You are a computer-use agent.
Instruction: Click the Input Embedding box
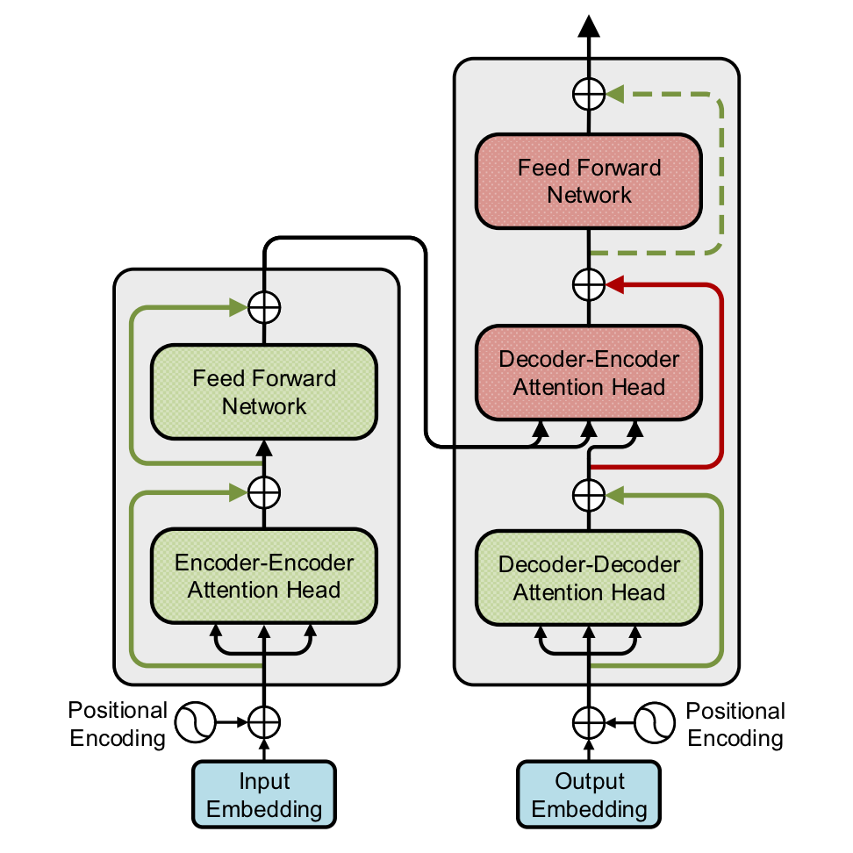coord(264,795)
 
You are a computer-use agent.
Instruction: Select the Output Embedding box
coord(590,795)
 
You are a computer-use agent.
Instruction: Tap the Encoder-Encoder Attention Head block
coord(264,576)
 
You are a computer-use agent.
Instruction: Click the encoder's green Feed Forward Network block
coord(264,392)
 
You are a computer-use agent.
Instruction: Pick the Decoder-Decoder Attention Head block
coord(590,577)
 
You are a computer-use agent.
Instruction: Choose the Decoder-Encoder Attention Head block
coord(590,373)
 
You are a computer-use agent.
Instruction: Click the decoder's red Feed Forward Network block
coord(590,181)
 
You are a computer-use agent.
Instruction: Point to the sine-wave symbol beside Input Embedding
coord(195,722)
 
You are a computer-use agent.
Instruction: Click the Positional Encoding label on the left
coord(118,724)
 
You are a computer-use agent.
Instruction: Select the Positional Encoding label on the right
coord(735,724)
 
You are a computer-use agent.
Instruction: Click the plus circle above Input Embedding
coord(264,722)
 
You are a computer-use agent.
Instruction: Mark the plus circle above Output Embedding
coord(590,722)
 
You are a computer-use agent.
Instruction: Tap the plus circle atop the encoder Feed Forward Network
coord(264,306)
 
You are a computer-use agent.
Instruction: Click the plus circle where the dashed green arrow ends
coord(590,92)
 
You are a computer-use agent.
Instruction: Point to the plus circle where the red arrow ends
coord(590,283)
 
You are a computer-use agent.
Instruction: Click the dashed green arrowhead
coord(614,92)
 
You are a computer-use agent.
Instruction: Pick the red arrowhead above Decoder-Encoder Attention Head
coord(614,283)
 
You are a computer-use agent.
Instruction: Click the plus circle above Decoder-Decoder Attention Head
coord(590,494)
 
